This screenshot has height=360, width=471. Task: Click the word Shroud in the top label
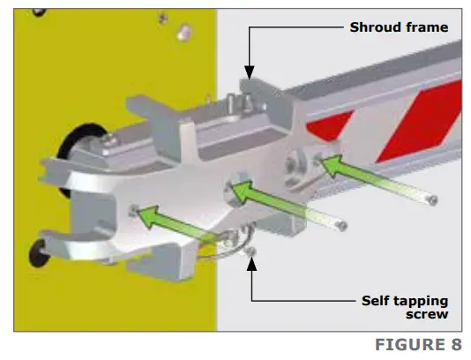pos(376,27)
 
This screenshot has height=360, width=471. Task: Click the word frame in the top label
pos(427,27)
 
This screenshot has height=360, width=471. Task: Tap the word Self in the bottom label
pos(374,301)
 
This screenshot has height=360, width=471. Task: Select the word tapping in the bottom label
pos(419,302)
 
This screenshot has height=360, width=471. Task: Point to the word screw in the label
pos(427,315)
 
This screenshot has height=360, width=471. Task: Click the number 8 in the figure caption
pos(456,344)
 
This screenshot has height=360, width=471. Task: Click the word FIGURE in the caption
pos(410,344)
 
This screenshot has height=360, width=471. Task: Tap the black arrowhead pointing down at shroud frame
pos(249,72)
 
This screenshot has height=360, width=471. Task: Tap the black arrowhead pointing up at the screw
pos(251,264)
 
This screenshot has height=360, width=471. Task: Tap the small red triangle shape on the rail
pos(329,124)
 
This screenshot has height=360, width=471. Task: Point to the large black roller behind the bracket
pos(79,150)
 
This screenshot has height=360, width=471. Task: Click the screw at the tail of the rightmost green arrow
pos(433,200)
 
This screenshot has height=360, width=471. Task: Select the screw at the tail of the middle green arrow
pos(342,226)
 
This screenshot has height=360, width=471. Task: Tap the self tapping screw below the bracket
pos(250,251)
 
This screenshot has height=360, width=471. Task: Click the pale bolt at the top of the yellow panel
pos(183,33)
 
